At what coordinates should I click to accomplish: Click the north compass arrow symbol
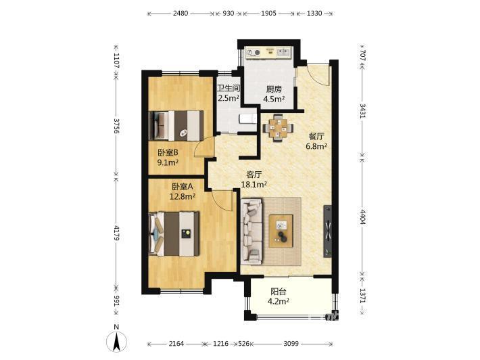[x=116, y=341]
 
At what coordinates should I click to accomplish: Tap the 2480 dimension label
[x=181, y=14]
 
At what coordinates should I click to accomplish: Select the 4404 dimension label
[x=362, y=217]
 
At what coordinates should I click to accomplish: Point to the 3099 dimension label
[x=291, y=344]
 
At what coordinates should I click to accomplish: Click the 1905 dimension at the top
[x=268, y=14]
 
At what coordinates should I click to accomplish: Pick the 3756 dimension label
[x=116, y=126]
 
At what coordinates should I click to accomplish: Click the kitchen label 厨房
[x=274, y=89]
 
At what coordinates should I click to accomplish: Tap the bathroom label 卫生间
[x=228, y=88]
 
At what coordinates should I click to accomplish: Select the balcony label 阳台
[x=279, y=292]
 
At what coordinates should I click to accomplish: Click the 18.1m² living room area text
[x=254, y=185]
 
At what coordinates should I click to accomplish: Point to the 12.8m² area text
[x=183, y=196]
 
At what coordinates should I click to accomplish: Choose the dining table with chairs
[x=278, y=128]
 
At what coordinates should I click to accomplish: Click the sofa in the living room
[x=251, y=231]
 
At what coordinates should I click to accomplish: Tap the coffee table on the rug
[x=281, y=231]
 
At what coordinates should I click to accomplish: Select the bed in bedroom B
[x=176, y=126]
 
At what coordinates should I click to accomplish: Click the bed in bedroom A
[x=174, y=233]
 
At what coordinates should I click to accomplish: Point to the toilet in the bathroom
[x=248, y=118]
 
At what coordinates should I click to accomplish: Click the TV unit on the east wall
[x=328, y=231]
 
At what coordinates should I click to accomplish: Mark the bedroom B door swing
[x=204, y=146]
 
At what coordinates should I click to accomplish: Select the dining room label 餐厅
[x=316, y=136]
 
